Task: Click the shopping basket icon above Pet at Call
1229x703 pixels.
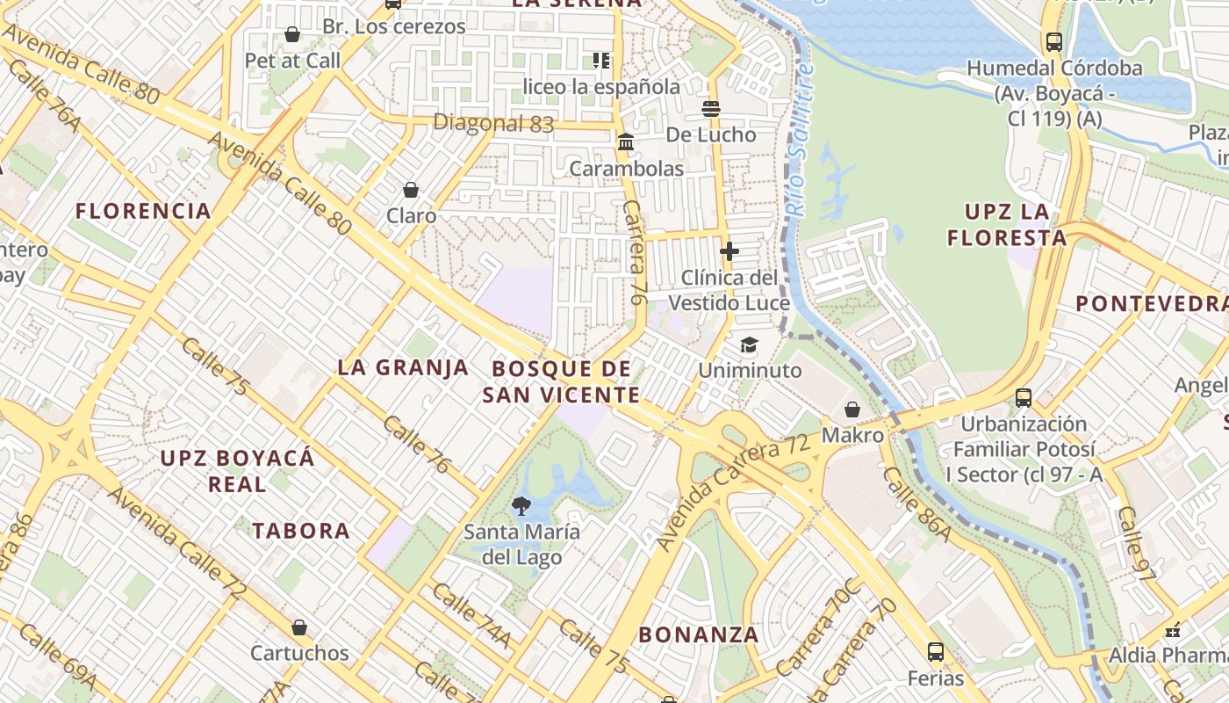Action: click(291, 34)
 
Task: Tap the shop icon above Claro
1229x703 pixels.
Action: click(410, 189)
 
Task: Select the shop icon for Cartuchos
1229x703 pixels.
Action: click(299, 627)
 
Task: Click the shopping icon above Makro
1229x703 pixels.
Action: click(852, 409)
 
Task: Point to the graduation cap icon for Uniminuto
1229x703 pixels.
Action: click(749, 344)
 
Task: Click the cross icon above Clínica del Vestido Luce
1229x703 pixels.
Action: click(729, 251)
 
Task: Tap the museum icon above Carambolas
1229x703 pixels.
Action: click(626, 142)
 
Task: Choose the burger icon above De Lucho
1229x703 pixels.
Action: click(710, 108)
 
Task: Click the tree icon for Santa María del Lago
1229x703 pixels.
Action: click(521, 505)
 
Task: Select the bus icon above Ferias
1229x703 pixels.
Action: click(936, 652)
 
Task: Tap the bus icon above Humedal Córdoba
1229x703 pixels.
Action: click(1053, 41)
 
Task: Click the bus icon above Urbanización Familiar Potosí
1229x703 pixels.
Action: click(1024, 397)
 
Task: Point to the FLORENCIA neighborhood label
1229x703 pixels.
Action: click(143, 211)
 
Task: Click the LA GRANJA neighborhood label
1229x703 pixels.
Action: click(403, 367)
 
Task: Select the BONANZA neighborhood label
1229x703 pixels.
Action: click(698, 634)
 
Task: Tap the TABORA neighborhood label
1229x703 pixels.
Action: click(301, 531)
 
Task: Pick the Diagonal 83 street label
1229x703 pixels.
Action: click(493, 123)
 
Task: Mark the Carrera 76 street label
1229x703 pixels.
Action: click(635, 253)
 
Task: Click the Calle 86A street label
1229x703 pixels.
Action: click(916, 504)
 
